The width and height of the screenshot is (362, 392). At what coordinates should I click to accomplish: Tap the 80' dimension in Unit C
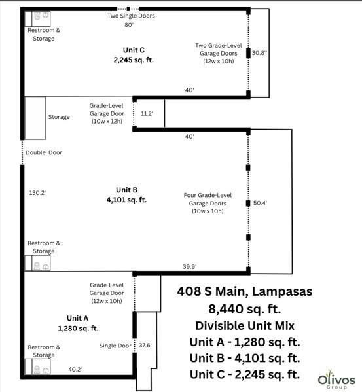pyautogui.click(x=129, y=25)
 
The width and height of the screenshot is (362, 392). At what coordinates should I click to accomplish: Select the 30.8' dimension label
pyautogui.click(x=260, y=52)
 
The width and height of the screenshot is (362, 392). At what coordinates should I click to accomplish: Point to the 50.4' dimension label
pyautogui.click(x=260, y=204)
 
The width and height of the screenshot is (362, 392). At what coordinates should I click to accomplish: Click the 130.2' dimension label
pyautogui.click(x=37, y=193)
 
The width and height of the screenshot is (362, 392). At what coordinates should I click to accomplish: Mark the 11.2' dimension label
pyautogui.click(x=147, y=113)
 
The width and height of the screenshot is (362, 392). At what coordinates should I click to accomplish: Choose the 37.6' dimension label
pyautogui.click(x=145, y=345)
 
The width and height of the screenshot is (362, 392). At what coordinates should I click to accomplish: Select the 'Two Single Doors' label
pyautogui.click(x=132, y=16)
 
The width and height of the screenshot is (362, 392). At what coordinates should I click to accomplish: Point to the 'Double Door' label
pyautogui.click(x=44, y=153)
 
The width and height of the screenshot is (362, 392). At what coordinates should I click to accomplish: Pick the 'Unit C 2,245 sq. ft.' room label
pyautogui.click(x=133, y=54)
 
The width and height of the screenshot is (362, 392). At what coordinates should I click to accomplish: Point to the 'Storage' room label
pyautogui.click(x=59, y=117)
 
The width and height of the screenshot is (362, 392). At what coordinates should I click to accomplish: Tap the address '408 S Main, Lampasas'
pyautogui.click(x=244, y=292)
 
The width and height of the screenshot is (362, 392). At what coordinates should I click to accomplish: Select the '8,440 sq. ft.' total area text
pyautogui.click(x=244, y=308)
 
